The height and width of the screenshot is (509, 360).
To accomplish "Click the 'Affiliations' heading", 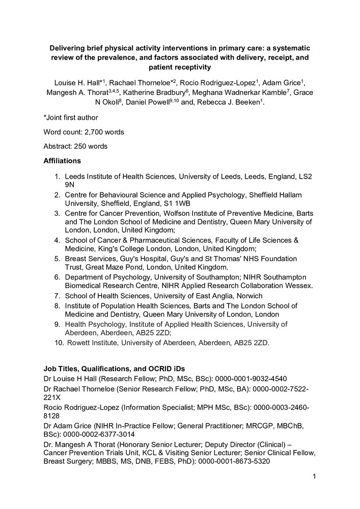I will pyautogui.click(x=62, y=161).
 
